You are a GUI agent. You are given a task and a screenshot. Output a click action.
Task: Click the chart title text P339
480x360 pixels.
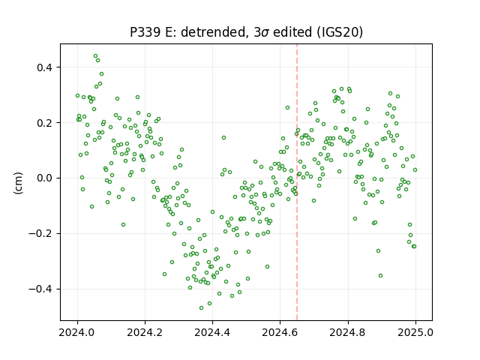145,32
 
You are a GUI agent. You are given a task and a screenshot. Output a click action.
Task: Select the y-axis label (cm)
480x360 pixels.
18,183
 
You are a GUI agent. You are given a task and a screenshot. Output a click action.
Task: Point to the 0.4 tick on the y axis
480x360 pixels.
45,67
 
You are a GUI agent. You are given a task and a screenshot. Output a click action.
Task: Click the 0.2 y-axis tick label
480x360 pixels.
45,123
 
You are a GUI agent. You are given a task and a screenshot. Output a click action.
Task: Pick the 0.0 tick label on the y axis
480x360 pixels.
45,178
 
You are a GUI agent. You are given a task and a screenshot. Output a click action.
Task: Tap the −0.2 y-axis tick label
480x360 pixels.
41,233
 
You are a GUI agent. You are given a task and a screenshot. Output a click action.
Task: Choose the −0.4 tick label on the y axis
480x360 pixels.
41,289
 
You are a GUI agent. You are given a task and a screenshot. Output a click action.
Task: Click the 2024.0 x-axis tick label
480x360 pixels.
77,332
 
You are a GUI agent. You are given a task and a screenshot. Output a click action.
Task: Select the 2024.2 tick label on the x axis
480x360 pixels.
145,332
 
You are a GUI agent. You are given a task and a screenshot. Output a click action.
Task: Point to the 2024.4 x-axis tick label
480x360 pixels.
212,332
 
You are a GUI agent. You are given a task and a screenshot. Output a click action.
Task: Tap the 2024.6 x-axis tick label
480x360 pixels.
280,332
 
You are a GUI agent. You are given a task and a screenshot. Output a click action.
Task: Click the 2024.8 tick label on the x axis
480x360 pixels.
348,332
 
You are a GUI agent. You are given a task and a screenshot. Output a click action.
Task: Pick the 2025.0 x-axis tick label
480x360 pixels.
415,332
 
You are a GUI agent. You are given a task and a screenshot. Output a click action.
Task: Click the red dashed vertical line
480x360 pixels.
297,182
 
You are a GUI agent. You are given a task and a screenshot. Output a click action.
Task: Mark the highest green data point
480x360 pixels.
95,56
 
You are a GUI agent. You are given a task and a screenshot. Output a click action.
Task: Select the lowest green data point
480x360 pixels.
201,307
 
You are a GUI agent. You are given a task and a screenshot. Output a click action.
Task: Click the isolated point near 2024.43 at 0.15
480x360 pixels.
223,138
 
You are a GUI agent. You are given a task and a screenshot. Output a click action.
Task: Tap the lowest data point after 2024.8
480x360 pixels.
380,275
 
